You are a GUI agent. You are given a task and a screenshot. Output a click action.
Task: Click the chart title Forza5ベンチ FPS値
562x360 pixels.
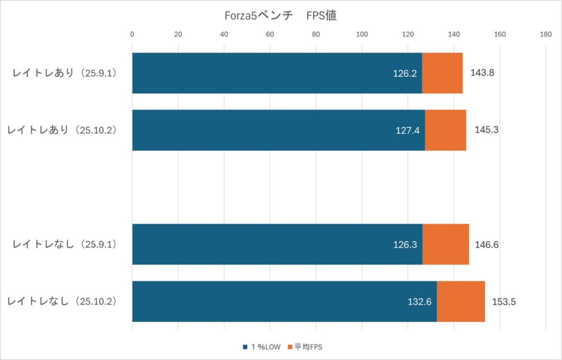click(x=281, y=16)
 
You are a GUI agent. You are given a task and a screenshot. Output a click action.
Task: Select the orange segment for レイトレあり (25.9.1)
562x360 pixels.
click(x=442, y=73)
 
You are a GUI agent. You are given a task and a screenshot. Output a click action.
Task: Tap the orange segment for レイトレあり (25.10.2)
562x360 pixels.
click(x=445, y=130)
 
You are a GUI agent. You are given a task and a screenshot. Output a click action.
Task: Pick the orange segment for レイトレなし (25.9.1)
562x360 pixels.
click(x=446, y=244)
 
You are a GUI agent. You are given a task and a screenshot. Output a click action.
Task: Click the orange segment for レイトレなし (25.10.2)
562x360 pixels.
click(x=460, y=301)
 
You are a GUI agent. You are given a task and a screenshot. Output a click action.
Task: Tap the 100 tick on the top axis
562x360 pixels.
click(x=362, y=34)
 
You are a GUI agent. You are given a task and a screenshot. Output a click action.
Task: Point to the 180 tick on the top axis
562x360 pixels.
click(x=546, y=34)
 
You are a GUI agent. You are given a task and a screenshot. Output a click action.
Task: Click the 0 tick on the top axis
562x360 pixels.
click(x=132, y=34)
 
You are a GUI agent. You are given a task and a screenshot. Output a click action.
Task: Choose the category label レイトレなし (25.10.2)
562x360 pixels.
click(x=65, y=301)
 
